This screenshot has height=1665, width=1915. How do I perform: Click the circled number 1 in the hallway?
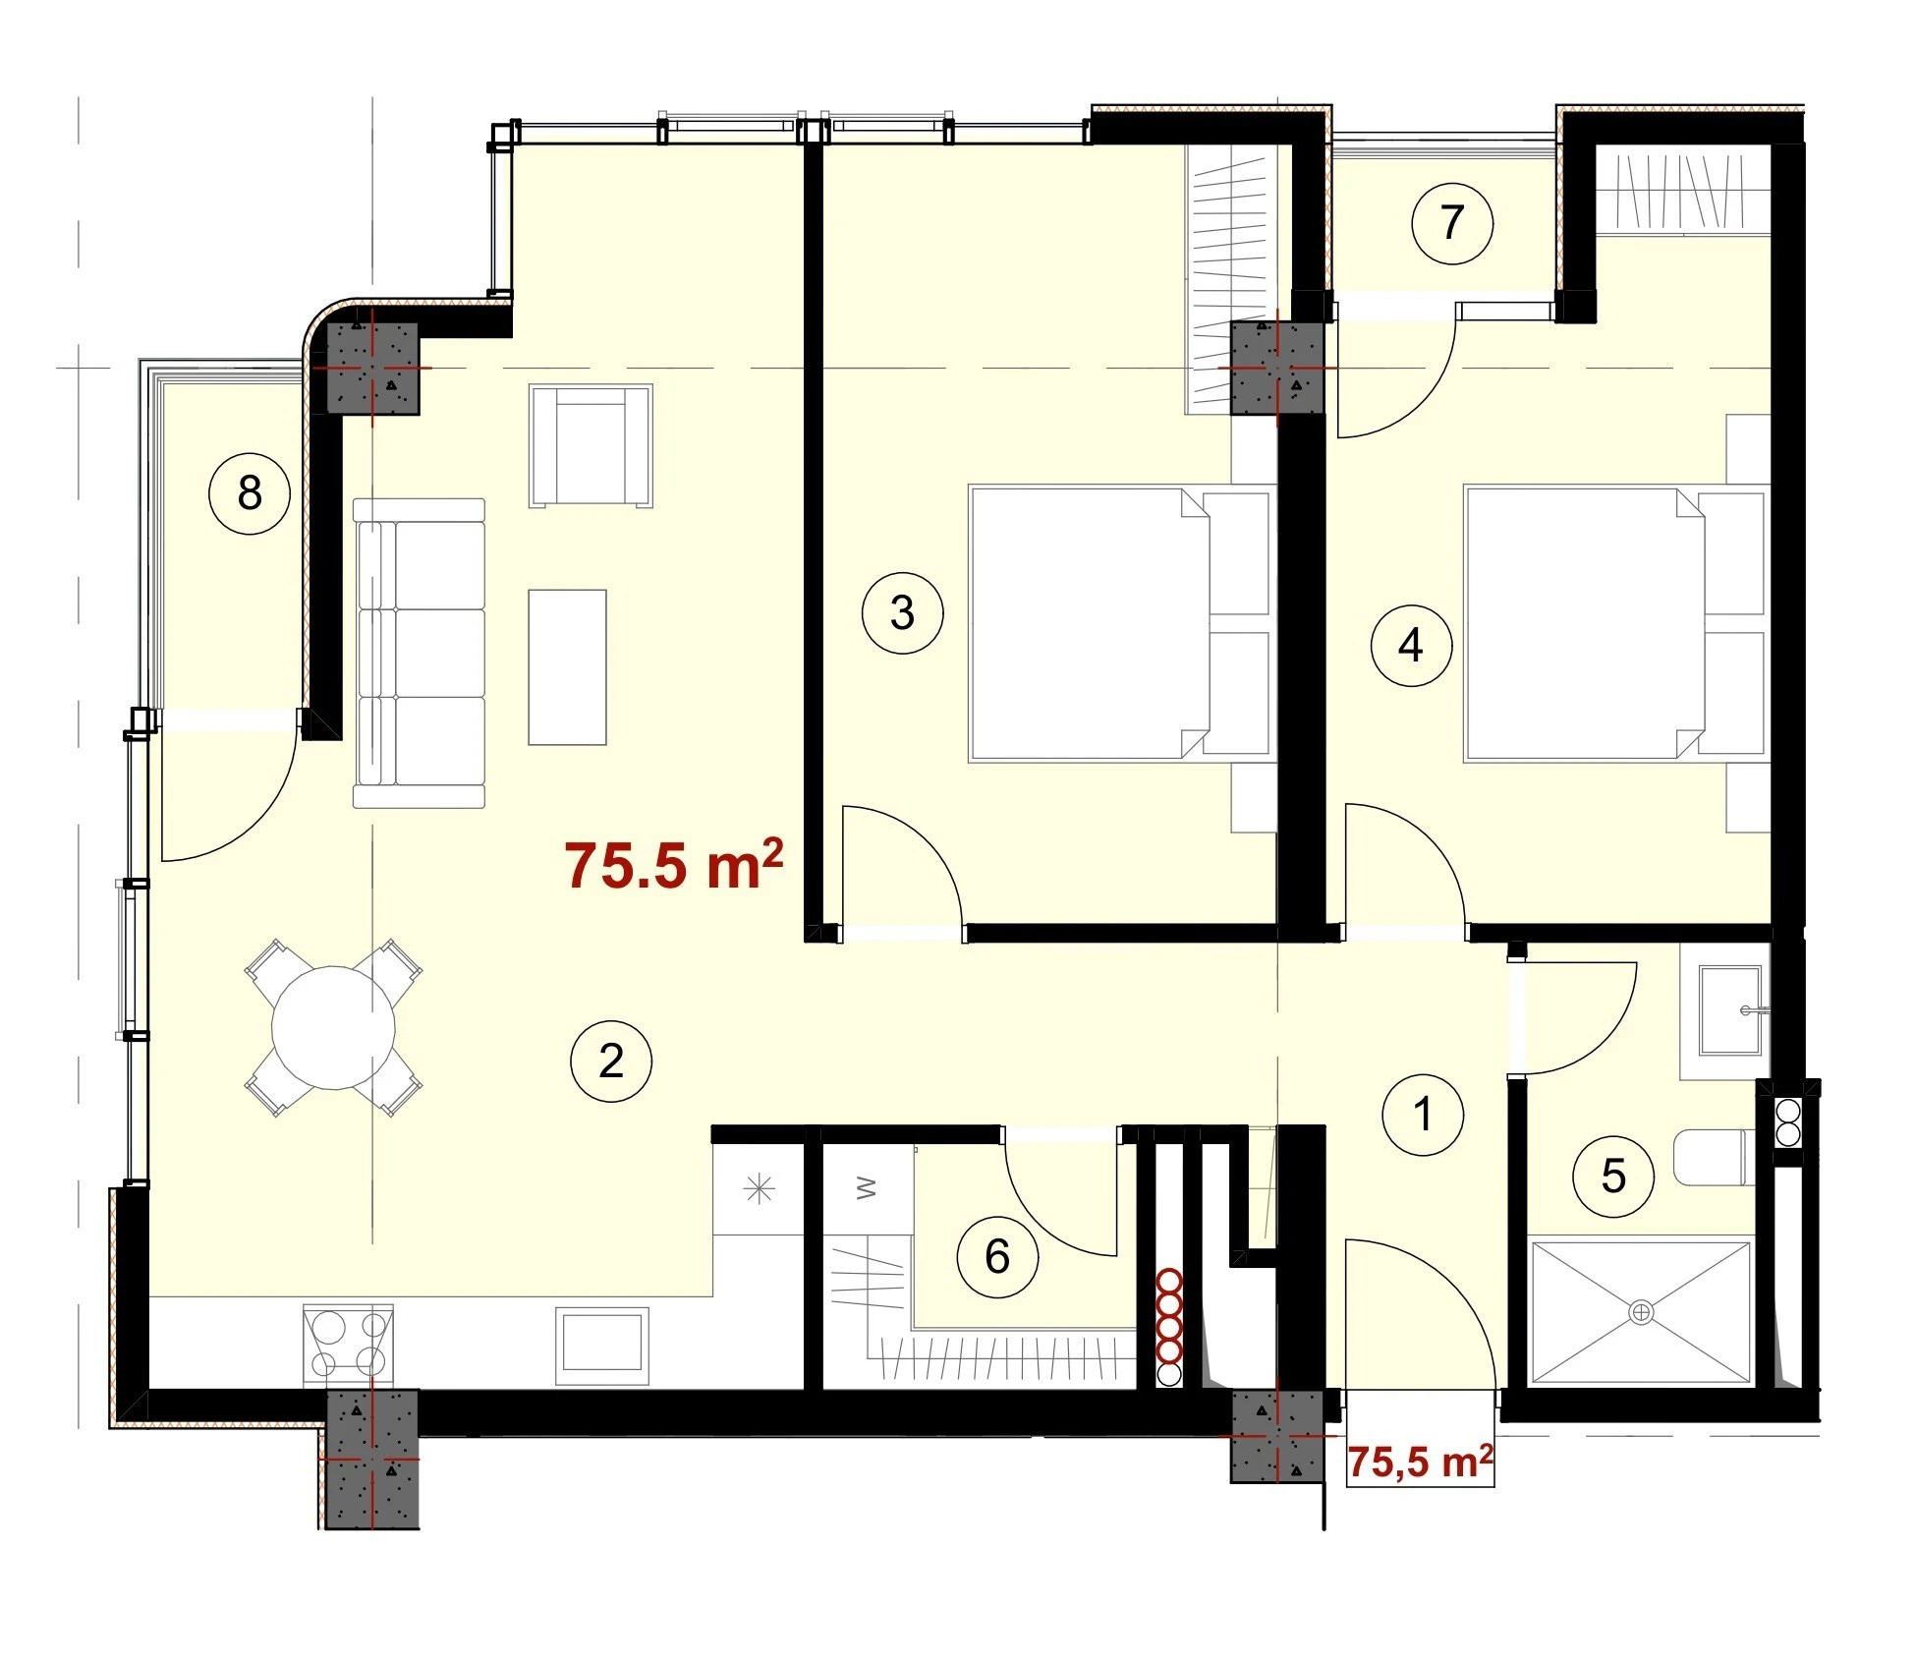click(x=1422, y=1115)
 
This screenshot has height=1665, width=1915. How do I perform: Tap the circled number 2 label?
click(x=611, y=1062)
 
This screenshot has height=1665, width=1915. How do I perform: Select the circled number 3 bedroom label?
click(x=902, y=613)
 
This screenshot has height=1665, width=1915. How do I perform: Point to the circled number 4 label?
click(x=1411, y=646)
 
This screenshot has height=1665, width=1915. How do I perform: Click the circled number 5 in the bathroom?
click(x=1613, y=1176)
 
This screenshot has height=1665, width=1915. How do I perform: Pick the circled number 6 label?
click(x=997, y=1256)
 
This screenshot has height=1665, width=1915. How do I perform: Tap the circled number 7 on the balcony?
click(x=1452, y=223)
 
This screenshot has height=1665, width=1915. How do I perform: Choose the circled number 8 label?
click(x=250, y=492)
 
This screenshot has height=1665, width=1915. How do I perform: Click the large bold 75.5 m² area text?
click(x=674, y=865)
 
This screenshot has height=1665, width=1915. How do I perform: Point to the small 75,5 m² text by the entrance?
click(x=1420, y=1462)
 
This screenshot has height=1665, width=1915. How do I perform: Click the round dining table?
click(x=333, y=1027)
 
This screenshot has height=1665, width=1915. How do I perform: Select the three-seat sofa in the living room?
click(x=420, y=653)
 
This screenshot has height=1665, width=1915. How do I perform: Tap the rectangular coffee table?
click(x=567, y=667)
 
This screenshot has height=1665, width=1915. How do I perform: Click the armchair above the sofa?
click(x=591, y=446)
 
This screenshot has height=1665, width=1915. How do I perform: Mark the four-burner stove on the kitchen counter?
click(x=348, y=1345)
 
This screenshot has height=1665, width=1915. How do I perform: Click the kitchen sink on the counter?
click(x=602, y=1346)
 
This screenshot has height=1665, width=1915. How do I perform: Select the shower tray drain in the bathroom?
click(x=1641, y=1312)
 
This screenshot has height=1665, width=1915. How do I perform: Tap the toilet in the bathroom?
click(x=1715, y=1158)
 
